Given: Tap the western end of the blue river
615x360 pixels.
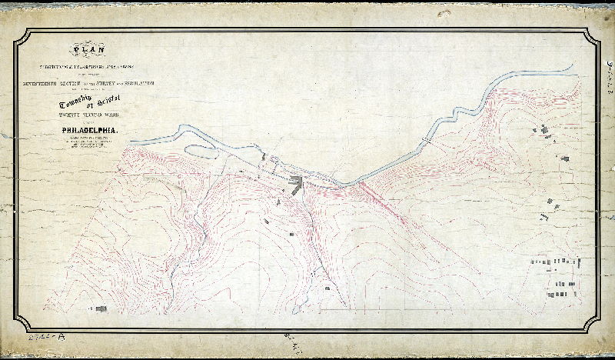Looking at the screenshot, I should click(132, 141).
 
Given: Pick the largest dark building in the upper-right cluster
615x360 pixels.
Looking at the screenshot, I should click(548, 132).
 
